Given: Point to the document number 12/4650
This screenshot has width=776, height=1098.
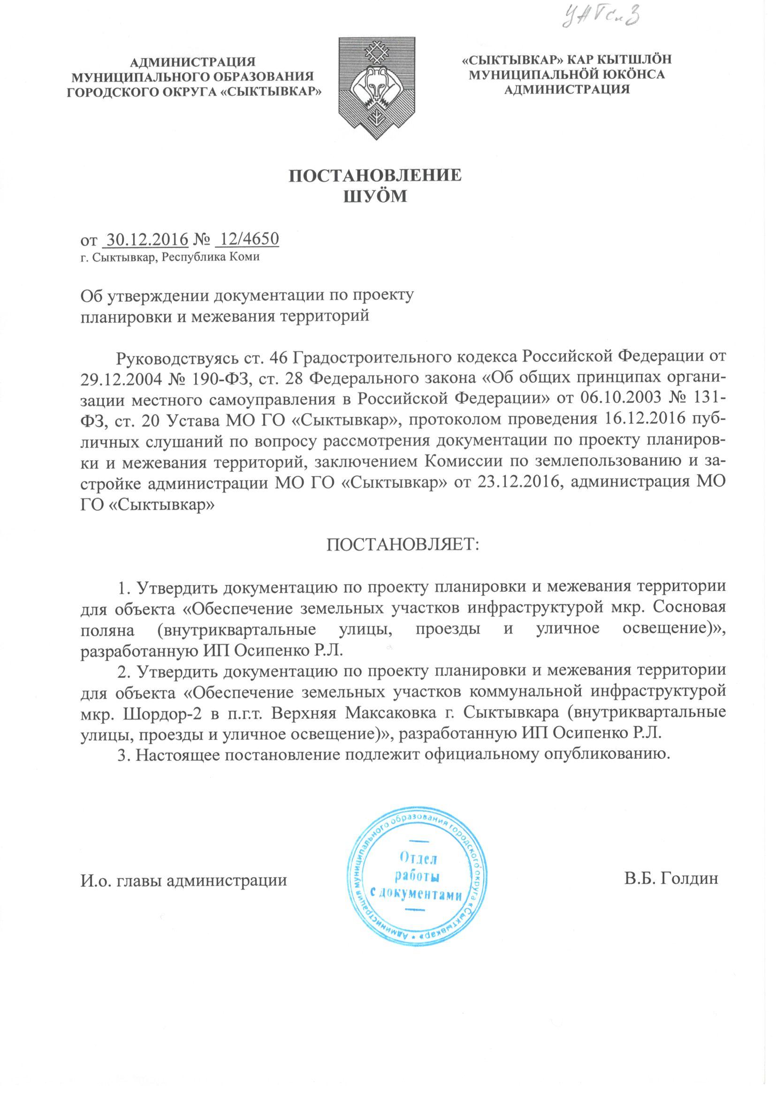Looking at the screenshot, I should [247, 239].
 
